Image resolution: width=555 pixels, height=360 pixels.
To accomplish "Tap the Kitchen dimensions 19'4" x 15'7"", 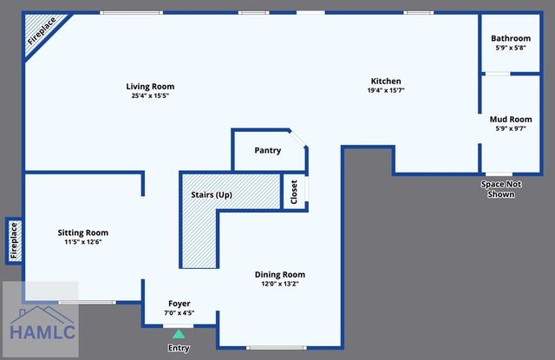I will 386,90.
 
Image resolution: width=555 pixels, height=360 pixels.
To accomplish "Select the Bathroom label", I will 510,38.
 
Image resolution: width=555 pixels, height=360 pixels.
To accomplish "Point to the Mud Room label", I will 510,119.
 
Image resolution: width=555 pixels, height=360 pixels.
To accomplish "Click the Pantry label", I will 267,150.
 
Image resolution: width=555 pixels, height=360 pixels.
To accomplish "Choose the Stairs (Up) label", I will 212,195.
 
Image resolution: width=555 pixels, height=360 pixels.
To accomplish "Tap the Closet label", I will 294,192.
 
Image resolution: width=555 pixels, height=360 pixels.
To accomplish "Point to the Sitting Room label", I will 83,232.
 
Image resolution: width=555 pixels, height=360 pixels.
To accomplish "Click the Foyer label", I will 179,304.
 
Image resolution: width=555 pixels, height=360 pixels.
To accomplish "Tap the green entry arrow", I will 179,333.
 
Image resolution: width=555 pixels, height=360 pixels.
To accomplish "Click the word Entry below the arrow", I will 179,348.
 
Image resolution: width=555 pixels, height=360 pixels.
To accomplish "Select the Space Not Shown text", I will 497,189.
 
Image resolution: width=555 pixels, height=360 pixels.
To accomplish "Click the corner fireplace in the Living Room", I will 36,33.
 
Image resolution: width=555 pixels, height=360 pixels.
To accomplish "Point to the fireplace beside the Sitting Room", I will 13,240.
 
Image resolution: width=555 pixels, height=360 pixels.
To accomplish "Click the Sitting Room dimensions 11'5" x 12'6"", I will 83,242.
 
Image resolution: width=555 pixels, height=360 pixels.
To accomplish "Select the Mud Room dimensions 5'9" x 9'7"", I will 510,128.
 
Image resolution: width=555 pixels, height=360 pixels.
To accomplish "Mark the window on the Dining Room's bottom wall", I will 276,348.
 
